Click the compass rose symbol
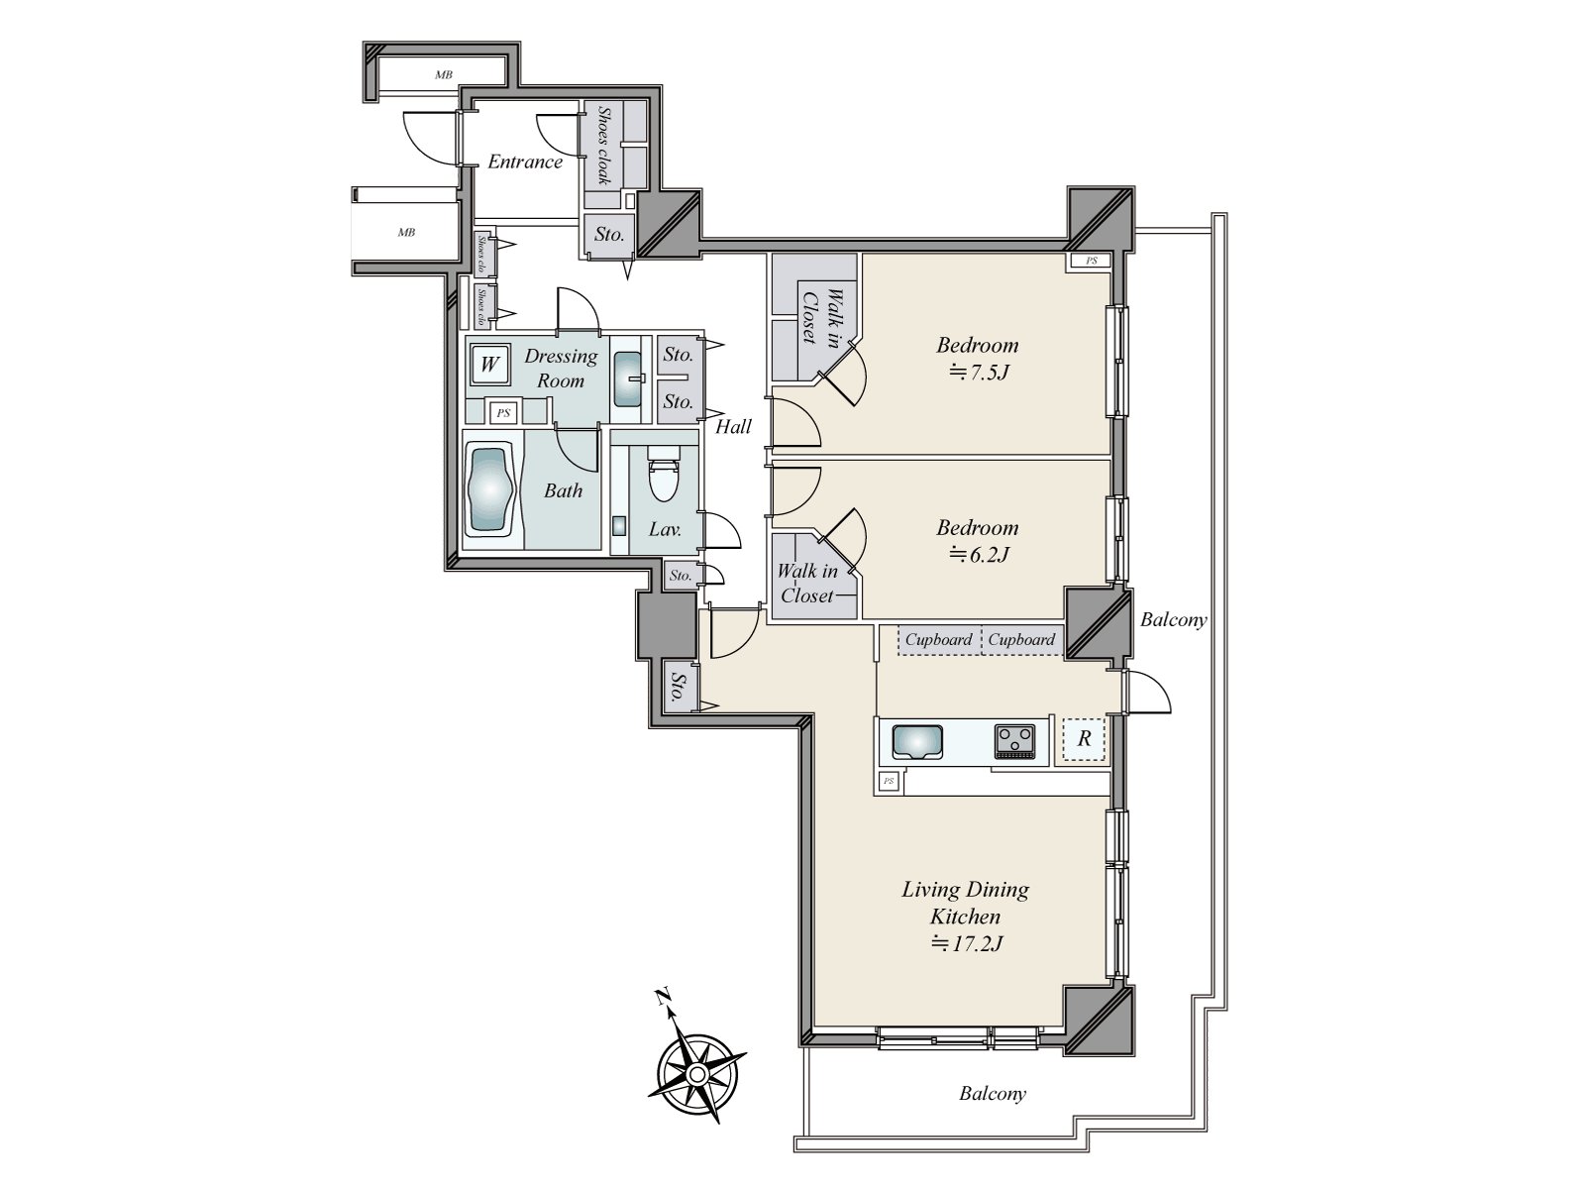pos(696,1073)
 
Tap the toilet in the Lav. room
pos(660,475)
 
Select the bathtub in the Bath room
pos(492,492)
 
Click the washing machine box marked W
pos(489,364)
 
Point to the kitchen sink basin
pos(917,740)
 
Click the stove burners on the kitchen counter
pos(1015,738)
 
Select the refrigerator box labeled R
pos(1084,738)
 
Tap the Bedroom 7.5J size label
pos(979,373)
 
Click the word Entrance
pos(525,162)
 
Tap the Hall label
pos(733,427)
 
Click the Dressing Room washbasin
pos(627,379)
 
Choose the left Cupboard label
pos(938,639)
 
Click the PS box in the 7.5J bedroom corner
pos(1091,262)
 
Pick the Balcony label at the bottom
pos(993,1094)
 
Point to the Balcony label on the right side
pos(1173,620)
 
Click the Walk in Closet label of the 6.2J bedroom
pos(807,584)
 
